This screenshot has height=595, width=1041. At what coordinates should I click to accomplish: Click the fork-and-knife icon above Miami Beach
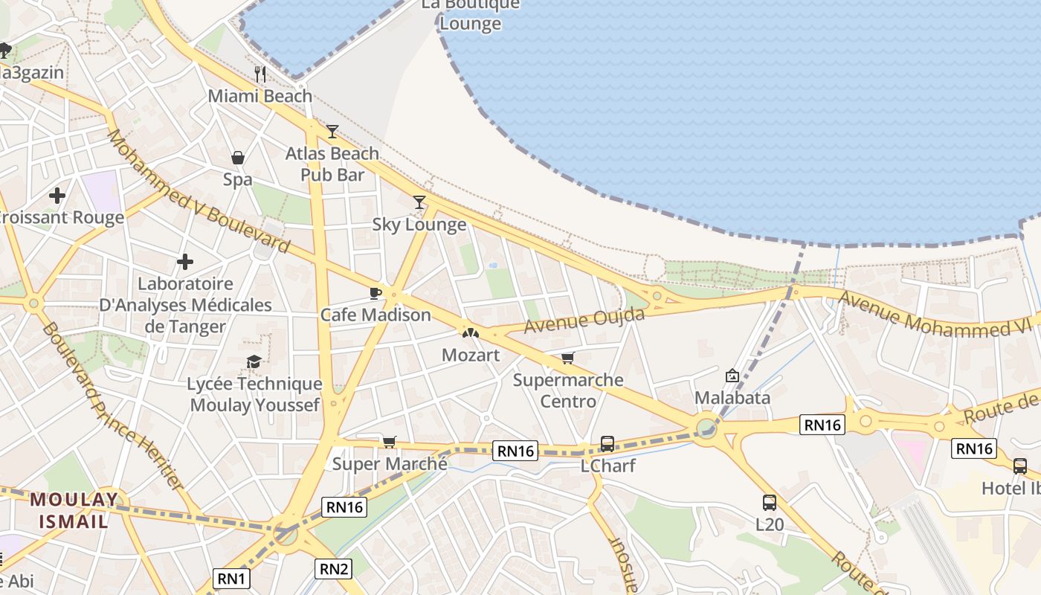coord(260,74)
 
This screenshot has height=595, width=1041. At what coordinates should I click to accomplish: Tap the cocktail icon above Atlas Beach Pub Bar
coord(332,132)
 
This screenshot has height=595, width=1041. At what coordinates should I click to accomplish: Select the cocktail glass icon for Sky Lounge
coord(420,202)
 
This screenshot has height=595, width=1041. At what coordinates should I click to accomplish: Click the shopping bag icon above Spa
coord(238,158)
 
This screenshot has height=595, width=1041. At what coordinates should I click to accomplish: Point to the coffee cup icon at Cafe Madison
coord(376,293)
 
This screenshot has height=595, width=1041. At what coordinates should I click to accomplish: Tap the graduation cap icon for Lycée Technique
coord(254,361)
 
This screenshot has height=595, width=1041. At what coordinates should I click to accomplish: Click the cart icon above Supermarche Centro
coord(568,358)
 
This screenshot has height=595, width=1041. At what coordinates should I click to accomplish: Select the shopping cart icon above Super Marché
coord(390,442)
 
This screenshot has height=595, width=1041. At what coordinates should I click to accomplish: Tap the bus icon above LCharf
coord(607,444)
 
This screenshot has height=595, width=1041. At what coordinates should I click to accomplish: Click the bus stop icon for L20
coord(770,503)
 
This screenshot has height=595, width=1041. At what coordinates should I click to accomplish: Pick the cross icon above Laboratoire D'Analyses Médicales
coord(185,262)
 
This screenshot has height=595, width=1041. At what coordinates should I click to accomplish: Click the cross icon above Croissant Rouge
coord(57,196)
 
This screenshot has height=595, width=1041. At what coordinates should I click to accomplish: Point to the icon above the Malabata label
coord(732,376)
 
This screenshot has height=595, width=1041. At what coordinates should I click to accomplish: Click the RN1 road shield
coord(232,579)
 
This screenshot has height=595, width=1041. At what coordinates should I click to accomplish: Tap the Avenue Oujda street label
coord(584,321)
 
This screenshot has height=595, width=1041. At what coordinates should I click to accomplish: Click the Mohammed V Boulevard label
coord(198,190)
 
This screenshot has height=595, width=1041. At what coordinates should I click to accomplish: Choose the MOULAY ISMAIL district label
coord(74,509)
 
